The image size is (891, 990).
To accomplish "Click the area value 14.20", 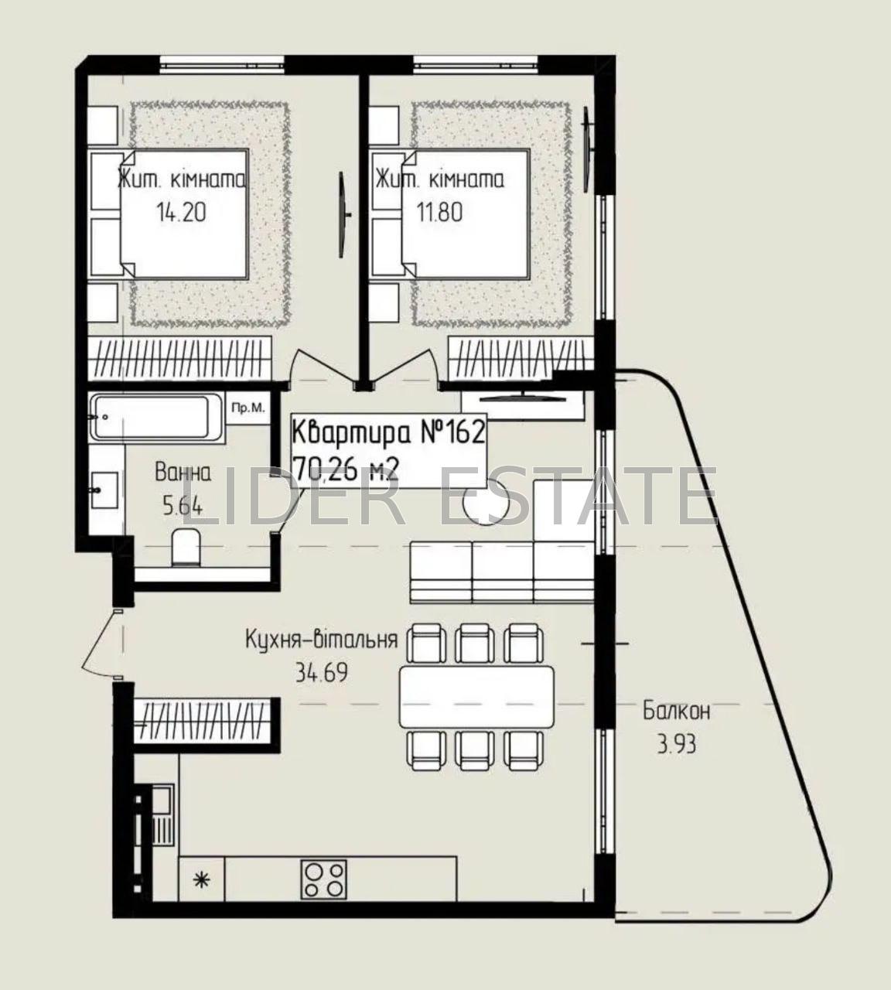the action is (181, 213).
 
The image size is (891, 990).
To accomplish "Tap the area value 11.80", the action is (440, 213).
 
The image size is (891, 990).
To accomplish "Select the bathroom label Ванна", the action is (183, 473).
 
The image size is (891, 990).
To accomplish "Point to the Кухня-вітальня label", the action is (321, 640).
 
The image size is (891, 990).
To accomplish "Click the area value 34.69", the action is (321, 672).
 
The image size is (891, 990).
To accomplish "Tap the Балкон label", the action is (676, 712).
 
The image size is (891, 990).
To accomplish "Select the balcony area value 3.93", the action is (676, 745).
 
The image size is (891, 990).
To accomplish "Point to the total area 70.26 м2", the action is (345, 467).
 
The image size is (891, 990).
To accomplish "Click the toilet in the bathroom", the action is (186, 547).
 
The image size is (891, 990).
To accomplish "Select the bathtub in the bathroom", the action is (157, 417).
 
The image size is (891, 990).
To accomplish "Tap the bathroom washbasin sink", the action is (104, 490).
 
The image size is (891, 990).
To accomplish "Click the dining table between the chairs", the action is (476, 696).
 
